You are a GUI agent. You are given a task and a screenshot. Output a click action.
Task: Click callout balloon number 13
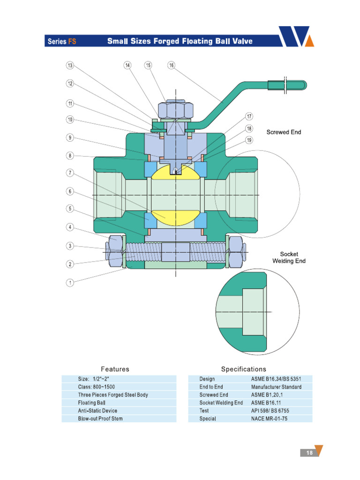coord(70,66)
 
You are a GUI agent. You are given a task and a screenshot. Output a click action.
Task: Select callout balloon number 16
coord(171,66)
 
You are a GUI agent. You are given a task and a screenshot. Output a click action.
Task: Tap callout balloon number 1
coord(70,283)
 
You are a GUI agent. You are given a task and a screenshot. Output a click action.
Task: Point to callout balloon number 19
coord(249,139)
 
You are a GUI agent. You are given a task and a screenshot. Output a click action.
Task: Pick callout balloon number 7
coord(70,173)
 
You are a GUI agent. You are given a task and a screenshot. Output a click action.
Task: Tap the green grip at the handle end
coord(287,85)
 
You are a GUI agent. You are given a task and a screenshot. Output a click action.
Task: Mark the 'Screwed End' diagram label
coord(284,132)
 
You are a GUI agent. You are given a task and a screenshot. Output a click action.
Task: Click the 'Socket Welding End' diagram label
coord(289,257)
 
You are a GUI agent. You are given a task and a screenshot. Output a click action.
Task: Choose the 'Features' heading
coord(115,369)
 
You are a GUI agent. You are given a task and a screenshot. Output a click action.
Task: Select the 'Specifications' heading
coord(243,369)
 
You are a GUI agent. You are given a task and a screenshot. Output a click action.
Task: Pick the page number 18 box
coord(309,453)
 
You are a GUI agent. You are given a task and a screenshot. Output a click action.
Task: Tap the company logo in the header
coord(296,36)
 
